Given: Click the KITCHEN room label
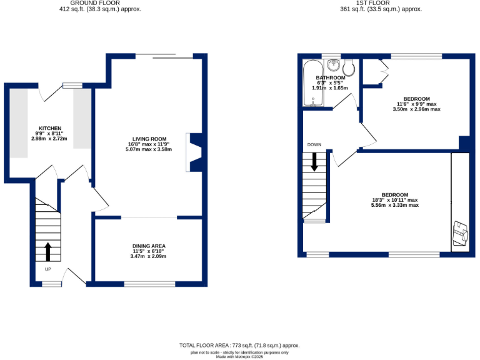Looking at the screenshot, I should coord(49,127).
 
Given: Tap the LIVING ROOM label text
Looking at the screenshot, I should coord(149,139).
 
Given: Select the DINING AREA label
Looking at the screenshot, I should coord(148,246).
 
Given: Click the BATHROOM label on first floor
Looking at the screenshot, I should coord(331,77).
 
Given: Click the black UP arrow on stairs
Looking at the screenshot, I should coord(47,252).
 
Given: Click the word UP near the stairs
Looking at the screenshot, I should coord(47,269).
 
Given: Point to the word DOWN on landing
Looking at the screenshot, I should coord(314,145).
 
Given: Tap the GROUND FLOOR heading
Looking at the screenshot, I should coord(95,3).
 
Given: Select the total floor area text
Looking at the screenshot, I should coord(239,345).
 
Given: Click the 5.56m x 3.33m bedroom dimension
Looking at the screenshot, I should coord(394,205).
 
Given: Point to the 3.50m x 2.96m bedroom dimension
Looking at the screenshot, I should coord(416,109).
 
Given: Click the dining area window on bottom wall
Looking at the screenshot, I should coord(149,284).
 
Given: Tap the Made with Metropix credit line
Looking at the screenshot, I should coord(240,356).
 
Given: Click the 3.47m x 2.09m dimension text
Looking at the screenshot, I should coord(148,256).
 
